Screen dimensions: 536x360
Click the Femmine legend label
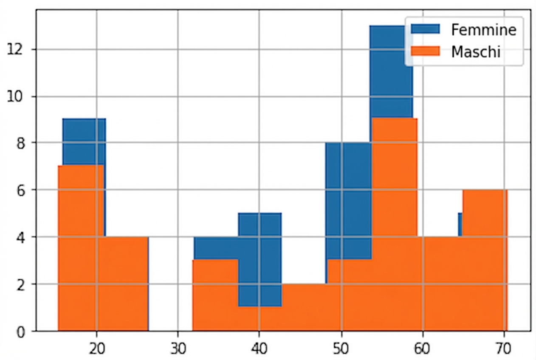tap(484, 30)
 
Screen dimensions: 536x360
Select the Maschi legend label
tap(476, 52)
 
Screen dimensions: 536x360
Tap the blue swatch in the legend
tap(425, 29)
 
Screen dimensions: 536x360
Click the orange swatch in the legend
tap(425, 51)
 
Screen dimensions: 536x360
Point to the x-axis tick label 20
tap(97, 349)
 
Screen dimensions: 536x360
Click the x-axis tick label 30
tap(178, 349)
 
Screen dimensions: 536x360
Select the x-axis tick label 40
tap(259, 349)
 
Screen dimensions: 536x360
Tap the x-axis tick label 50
tap(341, 349)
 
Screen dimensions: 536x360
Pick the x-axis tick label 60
tap(423, 349)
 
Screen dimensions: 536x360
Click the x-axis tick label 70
tap(504, 349)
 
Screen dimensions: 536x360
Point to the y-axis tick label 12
tap(15, 50)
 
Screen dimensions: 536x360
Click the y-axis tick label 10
tap(15, 97)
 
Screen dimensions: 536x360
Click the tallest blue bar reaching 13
tap(391, 72)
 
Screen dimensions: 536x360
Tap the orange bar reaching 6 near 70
tap(485, 261)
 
